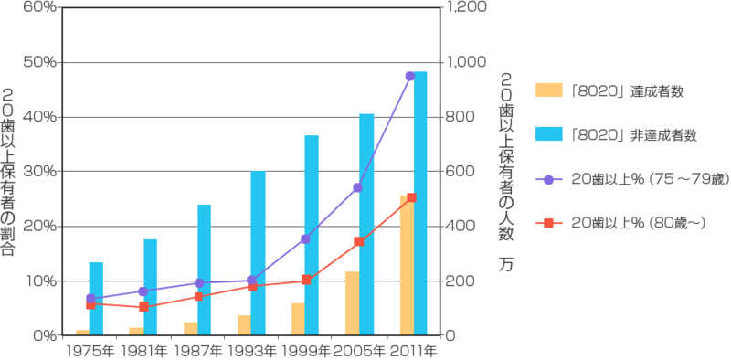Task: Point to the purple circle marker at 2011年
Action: tap(410, 76)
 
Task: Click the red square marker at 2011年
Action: tap(412, 197)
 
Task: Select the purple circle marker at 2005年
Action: tap(358, 187)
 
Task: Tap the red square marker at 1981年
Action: tap(144, 306)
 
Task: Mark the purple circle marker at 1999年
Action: tap(305, 239)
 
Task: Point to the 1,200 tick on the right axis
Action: tap(462, 7)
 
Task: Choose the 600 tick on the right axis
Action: tap(459, 172)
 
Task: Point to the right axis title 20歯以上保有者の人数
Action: tap(505, 174)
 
